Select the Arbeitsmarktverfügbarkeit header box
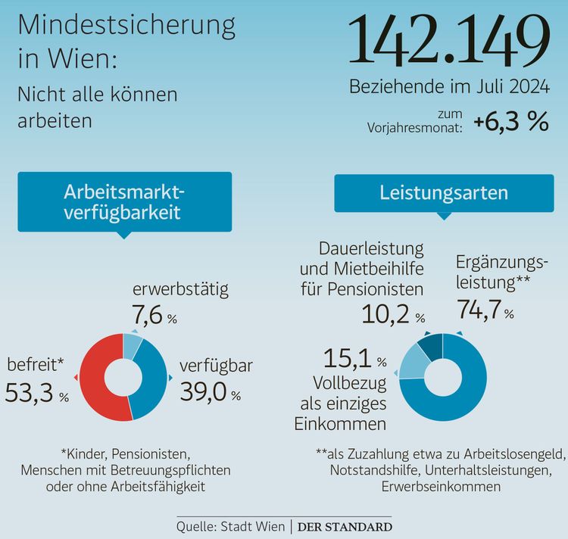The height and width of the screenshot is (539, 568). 123,201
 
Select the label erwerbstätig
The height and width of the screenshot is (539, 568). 180,290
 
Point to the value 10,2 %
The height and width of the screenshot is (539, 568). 393,313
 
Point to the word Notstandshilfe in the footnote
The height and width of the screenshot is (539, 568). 373,470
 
